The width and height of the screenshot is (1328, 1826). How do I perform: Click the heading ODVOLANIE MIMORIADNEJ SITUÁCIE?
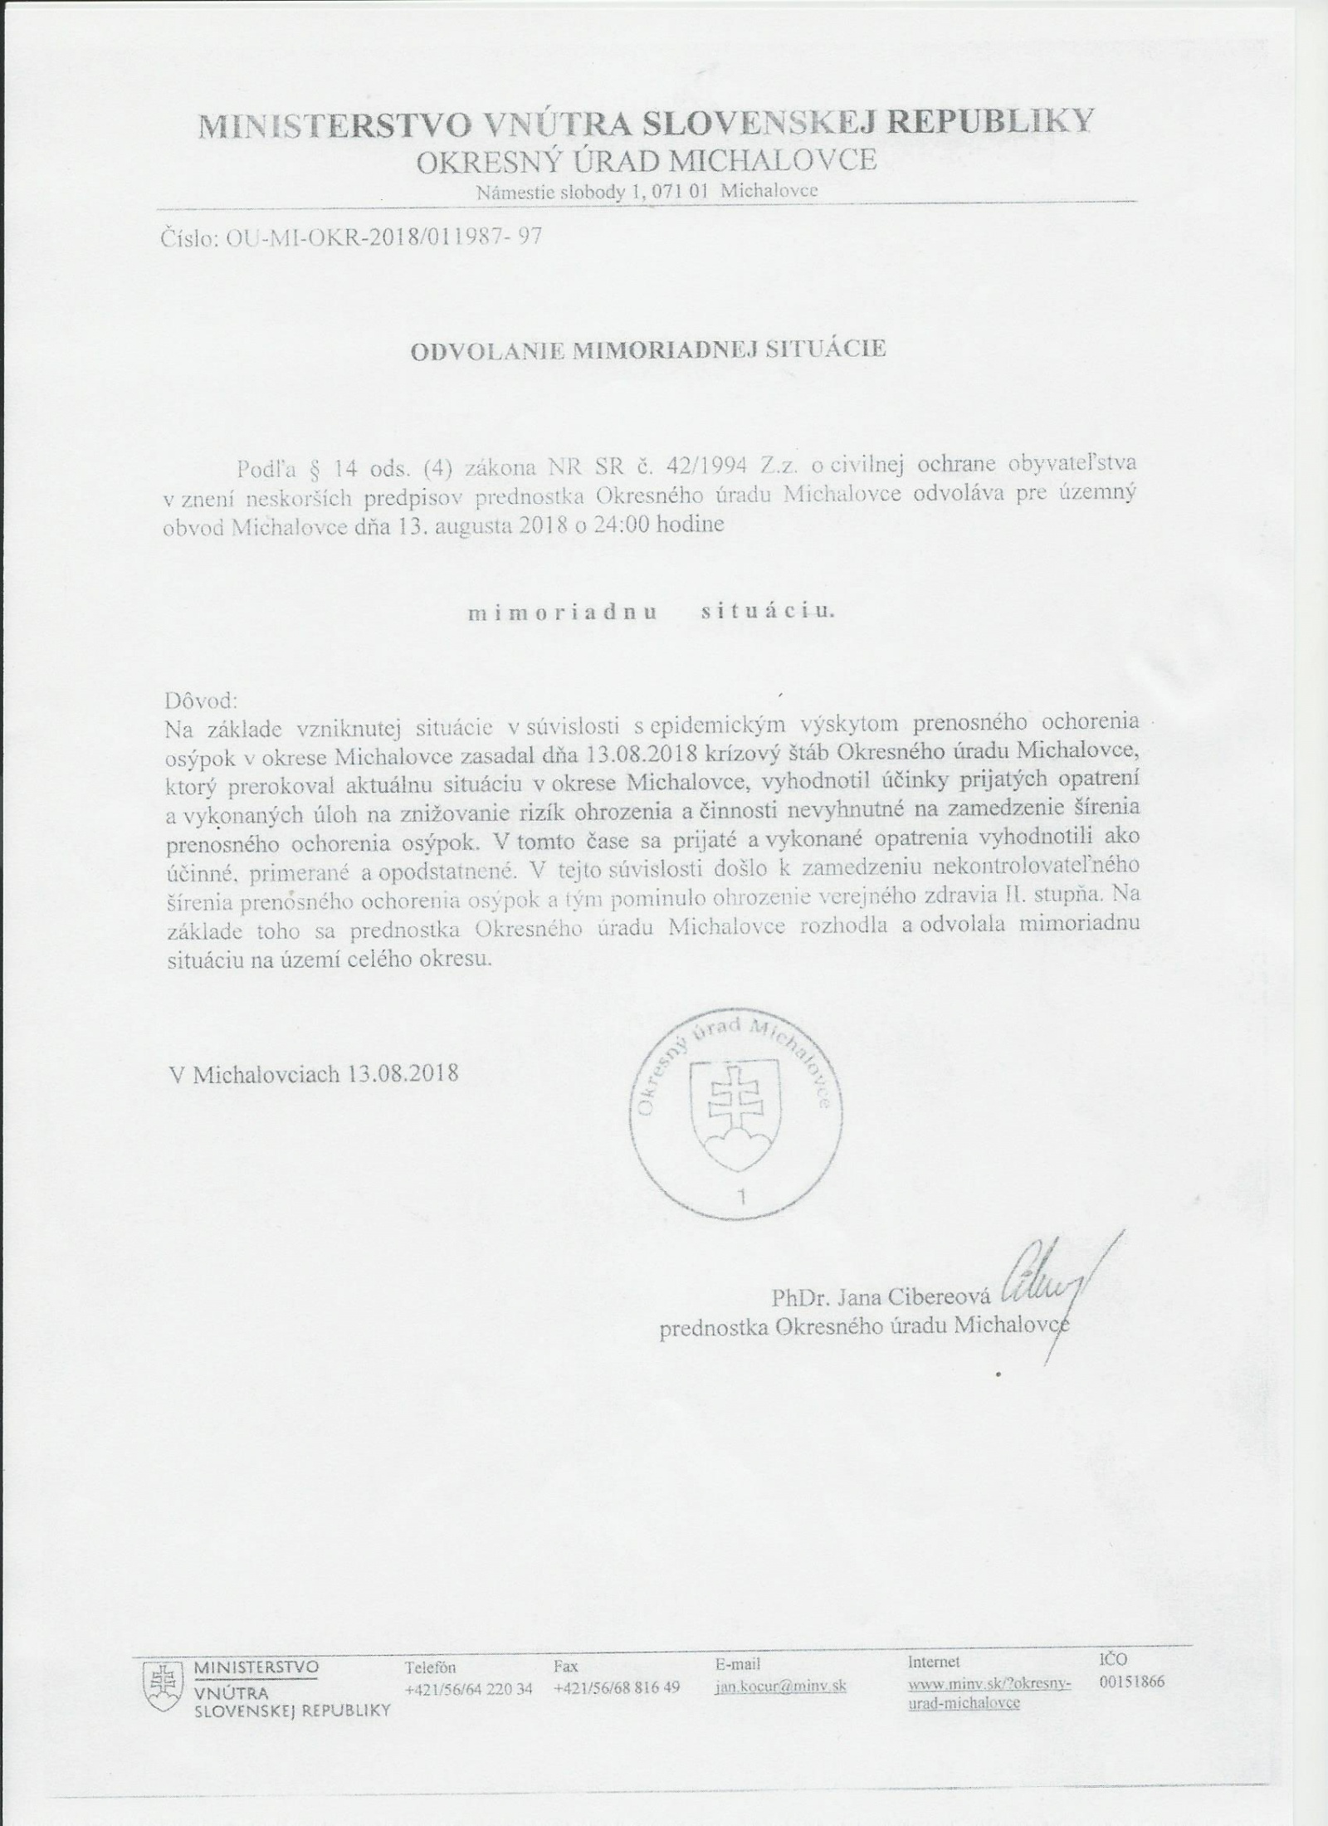[x=648, y=349]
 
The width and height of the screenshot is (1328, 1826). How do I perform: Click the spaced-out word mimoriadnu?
[x=563, y=613]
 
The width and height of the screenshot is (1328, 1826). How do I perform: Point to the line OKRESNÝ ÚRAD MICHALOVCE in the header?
[x=647, y=159]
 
